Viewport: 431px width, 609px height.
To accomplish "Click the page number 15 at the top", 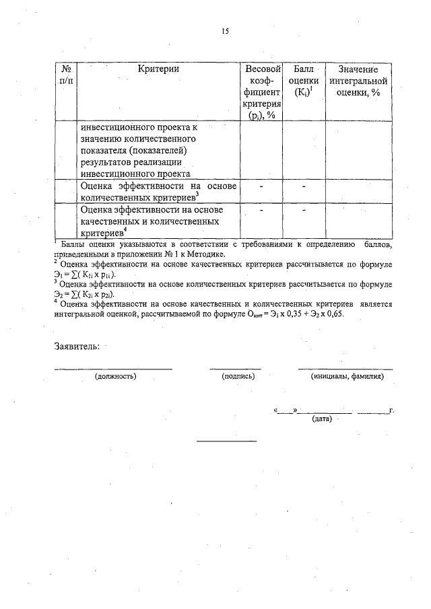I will (x=225, y=31).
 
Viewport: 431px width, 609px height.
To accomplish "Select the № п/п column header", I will (x=66, y=75).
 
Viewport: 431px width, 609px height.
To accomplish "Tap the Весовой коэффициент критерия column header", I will (x=262, y=92).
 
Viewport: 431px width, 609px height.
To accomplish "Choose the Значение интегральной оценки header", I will (x=358, y=81).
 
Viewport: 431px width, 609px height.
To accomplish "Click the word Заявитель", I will (x=77, y=347).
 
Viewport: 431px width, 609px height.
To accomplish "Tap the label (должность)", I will (x=116, y=377).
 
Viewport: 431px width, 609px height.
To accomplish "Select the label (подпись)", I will (x=238, y=377).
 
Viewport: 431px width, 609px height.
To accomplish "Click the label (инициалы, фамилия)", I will (x=347, y=377).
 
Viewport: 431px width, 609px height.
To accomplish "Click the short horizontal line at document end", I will (x=226, y=441).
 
